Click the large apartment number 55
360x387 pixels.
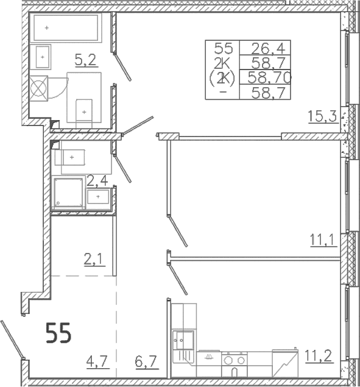(58, 333)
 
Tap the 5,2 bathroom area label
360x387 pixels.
(85, 60)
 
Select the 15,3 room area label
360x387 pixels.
(322, 116)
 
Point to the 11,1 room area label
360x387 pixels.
(323, 240)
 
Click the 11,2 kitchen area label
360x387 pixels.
(319, 355)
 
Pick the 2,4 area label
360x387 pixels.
(97, 182)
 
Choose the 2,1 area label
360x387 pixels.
(94, 260)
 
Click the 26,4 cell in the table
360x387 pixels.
(268, 49)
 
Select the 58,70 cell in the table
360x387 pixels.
(269, 77)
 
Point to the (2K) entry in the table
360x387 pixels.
(222, 78)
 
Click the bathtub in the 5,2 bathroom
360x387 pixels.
(66, 27)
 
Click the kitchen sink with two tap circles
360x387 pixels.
(183, 340)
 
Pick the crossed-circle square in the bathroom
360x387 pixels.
(38, 88)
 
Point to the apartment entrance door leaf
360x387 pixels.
(13, 339)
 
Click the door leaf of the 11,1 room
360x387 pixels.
(177, 231)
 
